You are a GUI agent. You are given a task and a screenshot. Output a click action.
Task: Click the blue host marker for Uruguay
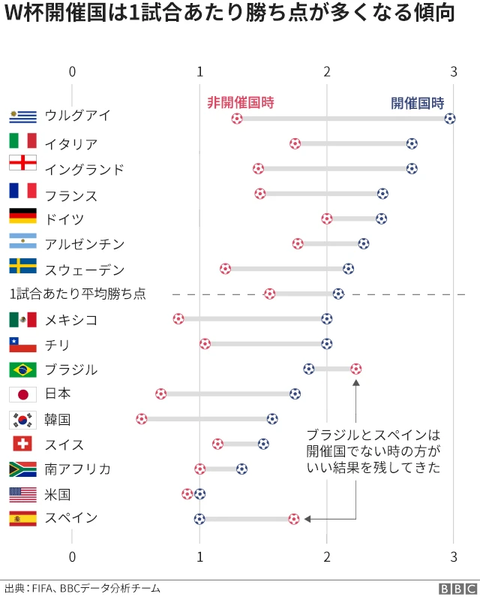pos(449,119)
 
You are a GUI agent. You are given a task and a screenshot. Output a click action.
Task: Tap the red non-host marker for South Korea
pos(142,418)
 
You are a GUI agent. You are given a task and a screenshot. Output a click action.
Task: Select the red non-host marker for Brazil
pos(355,369)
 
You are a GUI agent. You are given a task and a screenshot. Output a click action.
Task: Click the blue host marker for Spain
pos(199,518)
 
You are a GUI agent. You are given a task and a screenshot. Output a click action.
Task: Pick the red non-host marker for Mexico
pos(178,318)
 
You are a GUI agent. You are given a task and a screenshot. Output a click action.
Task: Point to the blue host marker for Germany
pos(381,219)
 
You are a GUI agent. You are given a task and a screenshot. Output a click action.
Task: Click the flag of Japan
pos(22,394)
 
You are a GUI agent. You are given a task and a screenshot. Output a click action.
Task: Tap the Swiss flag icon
pos(22,444)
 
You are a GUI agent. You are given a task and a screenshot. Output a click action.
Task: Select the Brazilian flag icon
pos(22,369)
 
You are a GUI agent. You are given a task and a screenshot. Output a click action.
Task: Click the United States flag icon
pos(22,494)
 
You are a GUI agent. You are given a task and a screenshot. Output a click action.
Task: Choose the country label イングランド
pos(84,169)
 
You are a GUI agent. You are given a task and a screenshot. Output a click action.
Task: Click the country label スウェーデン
pos(84,270)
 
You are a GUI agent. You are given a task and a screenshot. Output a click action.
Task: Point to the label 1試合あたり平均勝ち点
pos(77,294)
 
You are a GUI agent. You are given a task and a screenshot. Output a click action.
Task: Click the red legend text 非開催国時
pos(240,103)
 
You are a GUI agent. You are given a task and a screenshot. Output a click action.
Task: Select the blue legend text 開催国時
pos(417,103)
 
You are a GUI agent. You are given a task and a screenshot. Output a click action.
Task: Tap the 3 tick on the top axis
pos(453,71)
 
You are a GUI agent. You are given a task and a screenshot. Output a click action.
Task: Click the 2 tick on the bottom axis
pos(327,556)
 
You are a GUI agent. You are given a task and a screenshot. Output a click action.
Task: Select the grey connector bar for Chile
pos(265,344)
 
